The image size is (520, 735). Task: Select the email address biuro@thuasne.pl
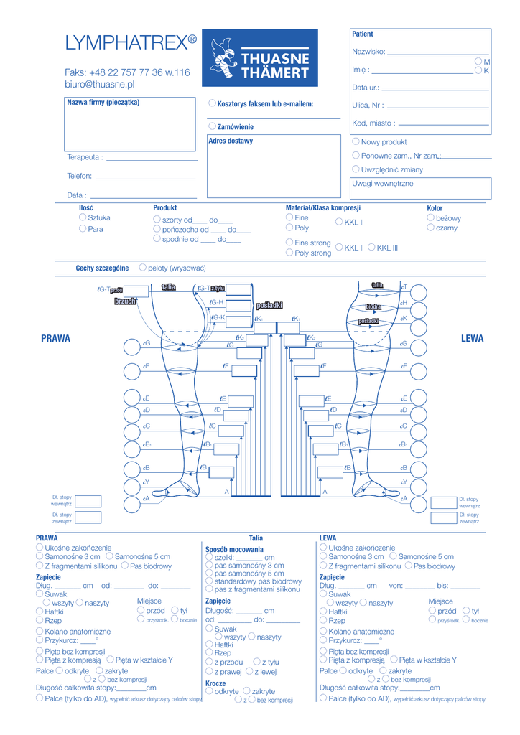click(100, 84)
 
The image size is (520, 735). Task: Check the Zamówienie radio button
click(213, 126)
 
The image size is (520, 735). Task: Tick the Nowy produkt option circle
click(356, 141)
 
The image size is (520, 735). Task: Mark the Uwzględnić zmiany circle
click(356, 169)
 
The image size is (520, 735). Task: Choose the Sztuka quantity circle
click(83, 217)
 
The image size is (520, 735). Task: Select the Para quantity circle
click(83, 228)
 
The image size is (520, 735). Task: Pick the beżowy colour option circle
click(430, 217)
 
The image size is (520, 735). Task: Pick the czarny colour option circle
click(430, 228)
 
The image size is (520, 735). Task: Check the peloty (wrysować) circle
click(142, 267)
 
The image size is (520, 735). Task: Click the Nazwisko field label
click(368, 52)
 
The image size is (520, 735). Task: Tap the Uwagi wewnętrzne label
click(382, 184)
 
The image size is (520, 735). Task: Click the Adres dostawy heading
click(231, 141)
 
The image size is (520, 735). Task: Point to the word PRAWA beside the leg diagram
click(56, 339)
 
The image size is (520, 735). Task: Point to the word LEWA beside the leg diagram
click(472, 339)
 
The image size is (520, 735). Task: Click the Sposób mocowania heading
click(234, 549)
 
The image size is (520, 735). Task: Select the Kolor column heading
click(435, 208)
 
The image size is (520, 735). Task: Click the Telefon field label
click(79, 176)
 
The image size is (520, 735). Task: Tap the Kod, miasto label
click(372, 123)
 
